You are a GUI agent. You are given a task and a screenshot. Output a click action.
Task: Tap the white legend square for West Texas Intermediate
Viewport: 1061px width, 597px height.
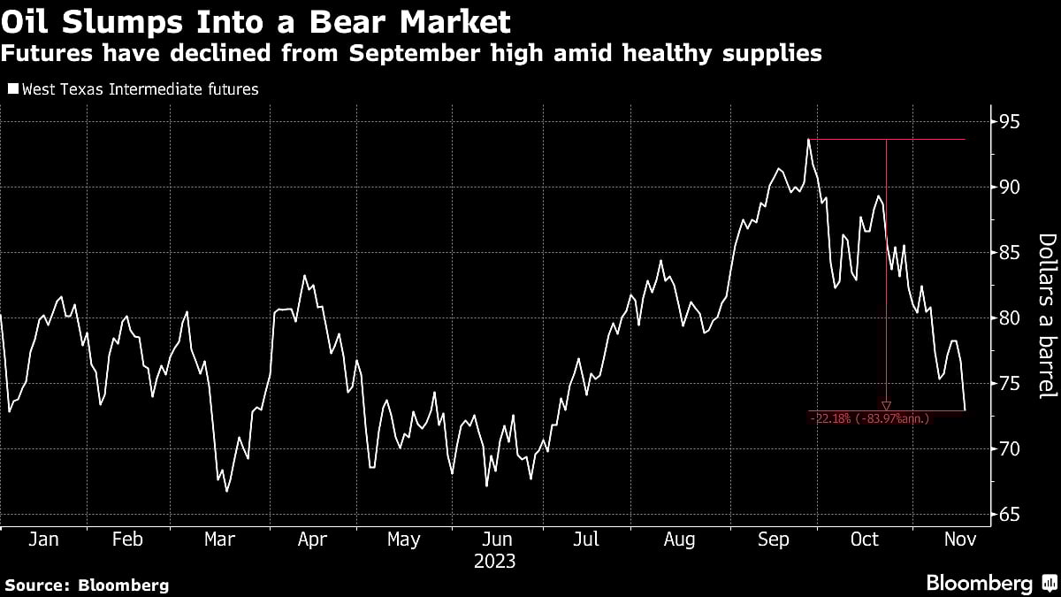pos(12,89)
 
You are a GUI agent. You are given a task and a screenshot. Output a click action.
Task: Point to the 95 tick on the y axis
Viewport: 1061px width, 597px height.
pos(1009,121)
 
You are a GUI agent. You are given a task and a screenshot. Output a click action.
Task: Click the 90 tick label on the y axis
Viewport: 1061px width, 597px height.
pos(1009,187)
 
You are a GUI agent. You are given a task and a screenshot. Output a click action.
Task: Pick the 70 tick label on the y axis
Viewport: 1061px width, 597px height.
pos(1009,449)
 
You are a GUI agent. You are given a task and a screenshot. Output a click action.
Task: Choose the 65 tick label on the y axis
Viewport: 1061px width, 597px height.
pos(1009,515)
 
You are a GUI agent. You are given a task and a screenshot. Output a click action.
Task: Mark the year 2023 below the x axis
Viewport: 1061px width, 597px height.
pos(495,562)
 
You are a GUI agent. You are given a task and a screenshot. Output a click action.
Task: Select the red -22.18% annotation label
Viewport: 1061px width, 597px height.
pos(869,418)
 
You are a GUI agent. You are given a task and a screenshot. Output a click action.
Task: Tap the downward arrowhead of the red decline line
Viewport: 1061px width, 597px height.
pos(886,405)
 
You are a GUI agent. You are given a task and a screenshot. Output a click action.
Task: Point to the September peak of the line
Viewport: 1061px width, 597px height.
pos(808,140)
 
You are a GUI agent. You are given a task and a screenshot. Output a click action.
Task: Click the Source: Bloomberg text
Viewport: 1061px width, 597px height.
pos(87,585)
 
